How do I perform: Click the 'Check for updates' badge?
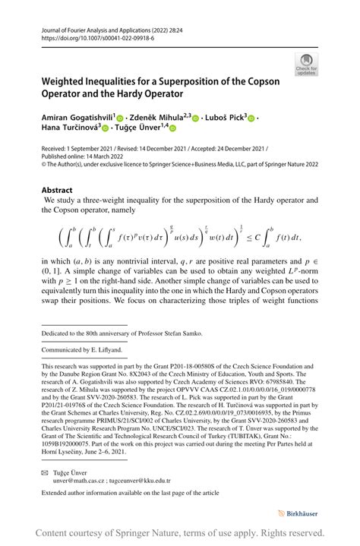pos(307,64)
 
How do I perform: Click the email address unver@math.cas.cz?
pos(81,480)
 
